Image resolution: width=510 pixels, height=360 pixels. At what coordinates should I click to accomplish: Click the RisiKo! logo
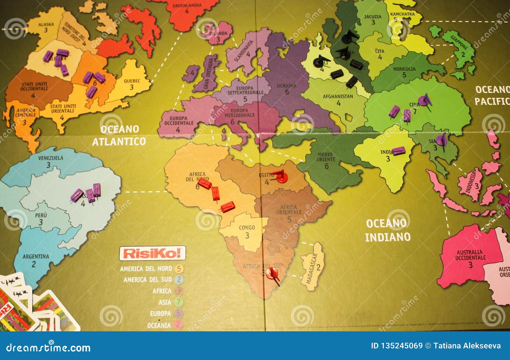152,253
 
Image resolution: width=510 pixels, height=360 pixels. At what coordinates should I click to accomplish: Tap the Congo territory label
247,227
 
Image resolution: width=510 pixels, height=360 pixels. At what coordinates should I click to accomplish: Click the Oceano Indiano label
388,230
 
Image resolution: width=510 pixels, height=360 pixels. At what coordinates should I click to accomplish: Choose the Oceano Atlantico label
119,135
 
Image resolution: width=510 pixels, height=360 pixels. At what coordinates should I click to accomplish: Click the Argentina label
36,256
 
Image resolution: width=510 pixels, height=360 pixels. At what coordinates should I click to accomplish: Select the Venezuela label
51,158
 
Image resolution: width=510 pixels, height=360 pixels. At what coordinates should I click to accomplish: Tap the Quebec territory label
132,81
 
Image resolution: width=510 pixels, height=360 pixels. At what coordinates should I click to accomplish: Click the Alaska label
46,24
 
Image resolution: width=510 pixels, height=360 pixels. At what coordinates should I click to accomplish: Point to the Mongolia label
404,69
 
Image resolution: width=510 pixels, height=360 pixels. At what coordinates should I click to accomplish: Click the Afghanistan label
338,96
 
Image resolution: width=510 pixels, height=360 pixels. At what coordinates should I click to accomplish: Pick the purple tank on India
398,151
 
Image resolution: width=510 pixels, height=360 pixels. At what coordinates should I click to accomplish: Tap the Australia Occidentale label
470,255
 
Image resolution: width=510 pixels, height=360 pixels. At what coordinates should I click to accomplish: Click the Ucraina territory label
287,86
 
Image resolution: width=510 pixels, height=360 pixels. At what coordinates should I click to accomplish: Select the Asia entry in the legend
165,302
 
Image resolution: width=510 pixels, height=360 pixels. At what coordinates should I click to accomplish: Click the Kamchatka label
403,14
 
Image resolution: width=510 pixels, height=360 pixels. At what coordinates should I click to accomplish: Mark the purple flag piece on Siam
441,140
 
